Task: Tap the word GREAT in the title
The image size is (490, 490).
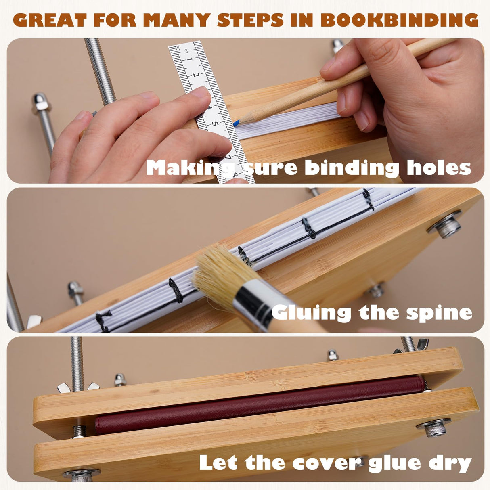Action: pos(50,20)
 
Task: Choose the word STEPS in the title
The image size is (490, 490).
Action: pos(249,20)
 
